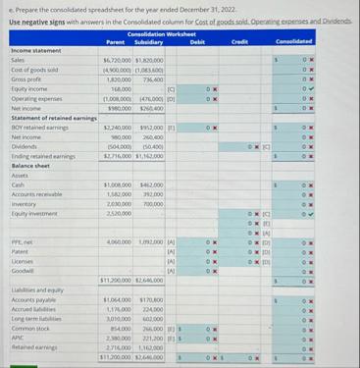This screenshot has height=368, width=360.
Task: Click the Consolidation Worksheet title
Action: click(x=163, y=33)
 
